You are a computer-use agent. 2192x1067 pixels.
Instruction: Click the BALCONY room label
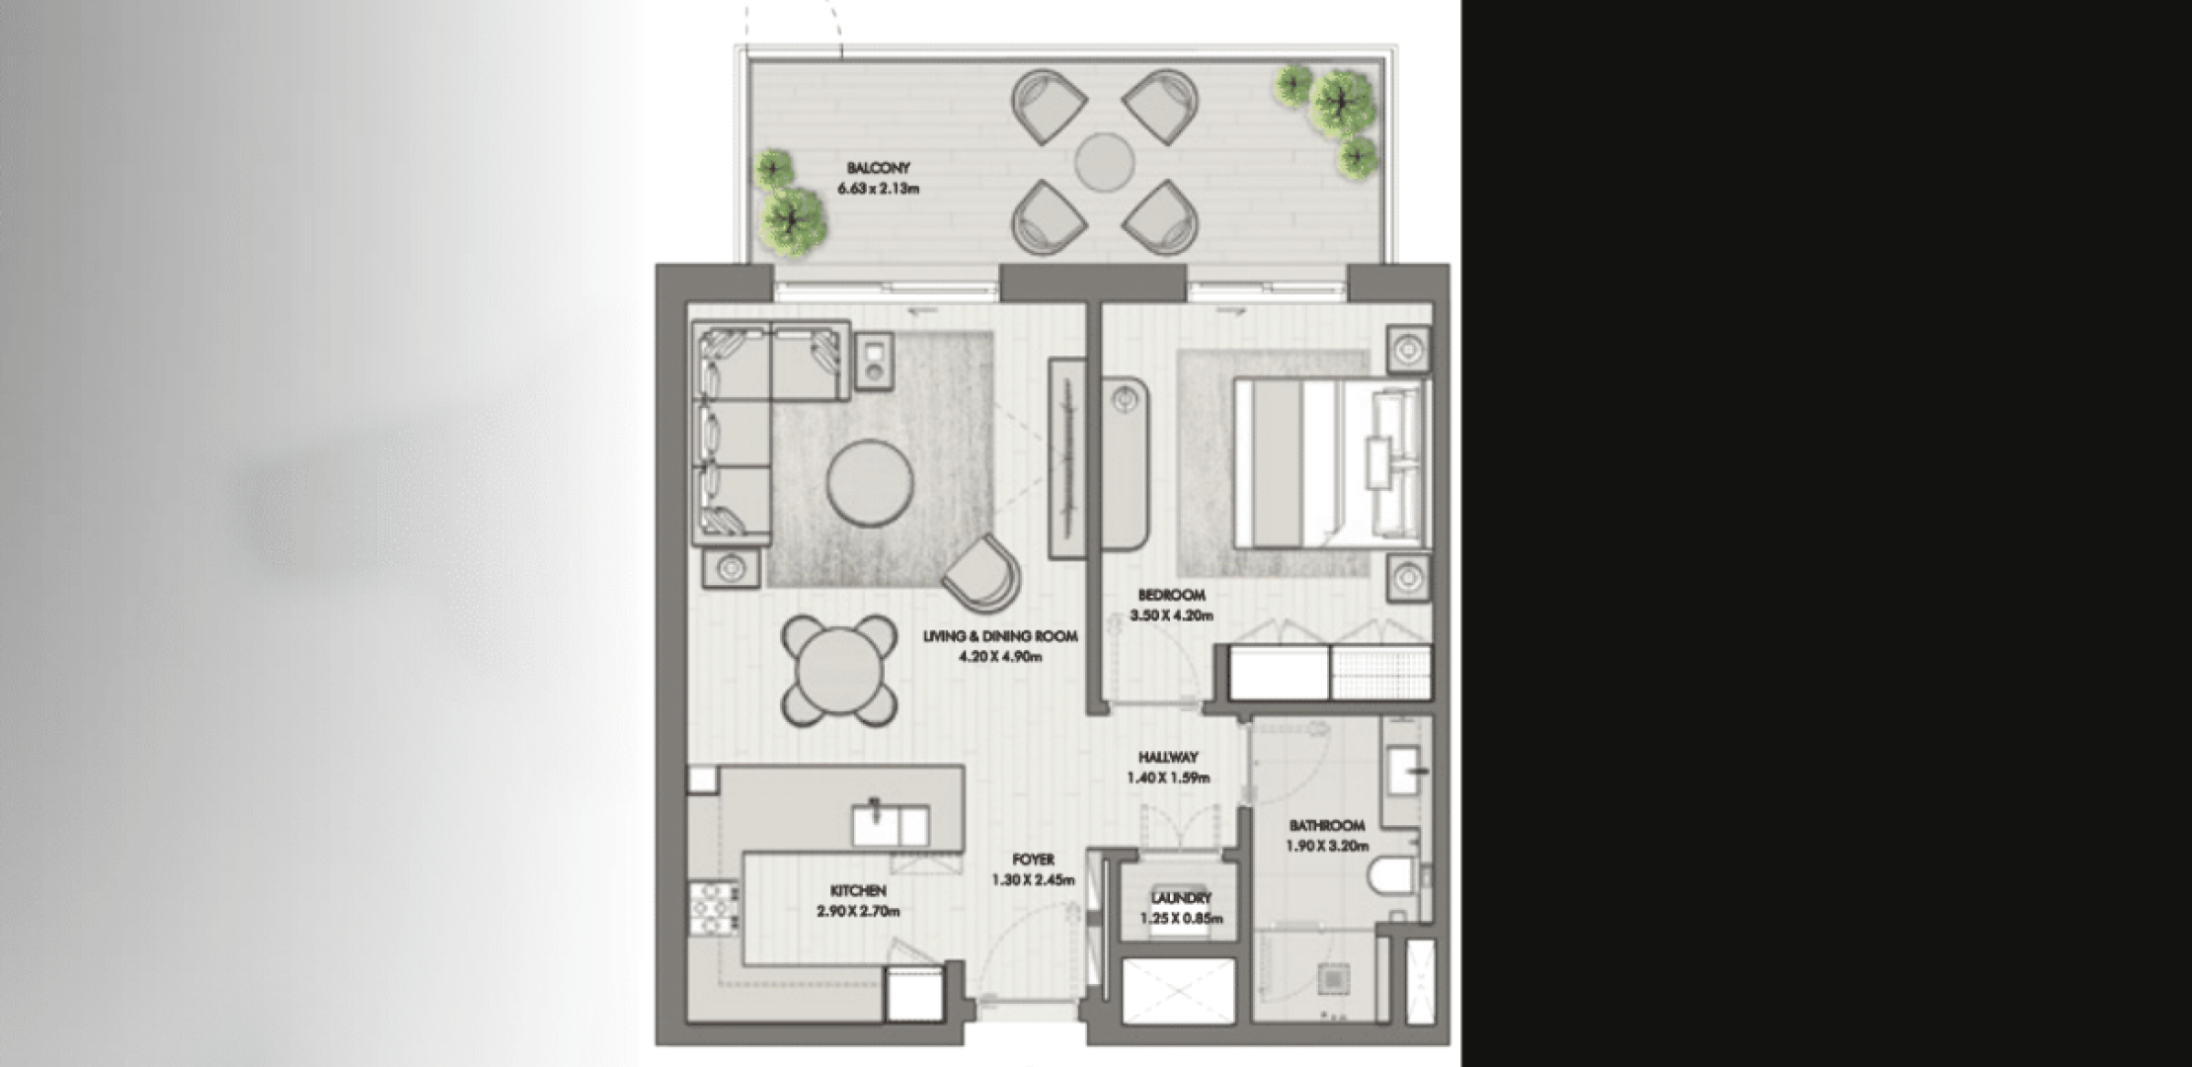tap(878, 169)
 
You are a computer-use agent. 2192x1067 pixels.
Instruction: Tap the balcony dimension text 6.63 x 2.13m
tap(878, 189)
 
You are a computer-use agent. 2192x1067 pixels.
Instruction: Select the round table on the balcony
tap(1105, 161)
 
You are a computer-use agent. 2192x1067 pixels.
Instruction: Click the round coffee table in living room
tap(870, 482)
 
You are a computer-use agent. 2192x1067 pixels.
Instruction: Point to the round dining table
tap(838, 671)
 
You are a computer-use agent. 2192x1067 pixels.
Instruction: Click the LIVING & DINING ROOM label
tap(1000, 637)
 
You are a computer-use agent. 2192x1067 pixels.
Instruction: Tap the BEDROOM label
tap(1171, 596)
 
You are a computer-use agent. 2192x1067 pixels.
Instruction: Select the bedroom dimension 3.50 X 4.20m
tap(1171, 616)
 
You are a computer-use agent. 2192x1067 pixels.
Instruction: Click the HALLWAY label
tap(1168, 758)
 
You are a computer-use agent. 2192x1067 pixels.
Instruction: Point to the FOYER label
tap(1033, 861)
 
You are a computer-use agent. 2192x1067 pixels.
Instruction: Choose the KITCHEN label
tap(858, 891)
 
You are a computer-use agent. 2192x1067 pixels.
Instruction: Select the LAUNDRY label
tap(1181, 899)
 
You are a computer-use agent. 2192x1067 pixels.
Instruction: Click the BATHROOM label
tap(1327, 826)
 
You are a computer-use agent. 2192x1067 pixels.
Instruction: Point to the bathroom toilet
tap(1393, 876)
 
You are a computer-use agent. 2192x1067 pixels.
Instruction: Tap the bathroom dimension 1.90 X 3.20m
tap(1327, 846)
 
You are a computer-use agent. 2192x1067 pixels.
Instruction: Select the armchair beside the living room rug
tap(982, 573)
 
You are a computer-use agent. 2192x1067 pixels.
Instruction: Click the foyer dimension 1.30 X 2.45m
tap(1033, 880)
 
